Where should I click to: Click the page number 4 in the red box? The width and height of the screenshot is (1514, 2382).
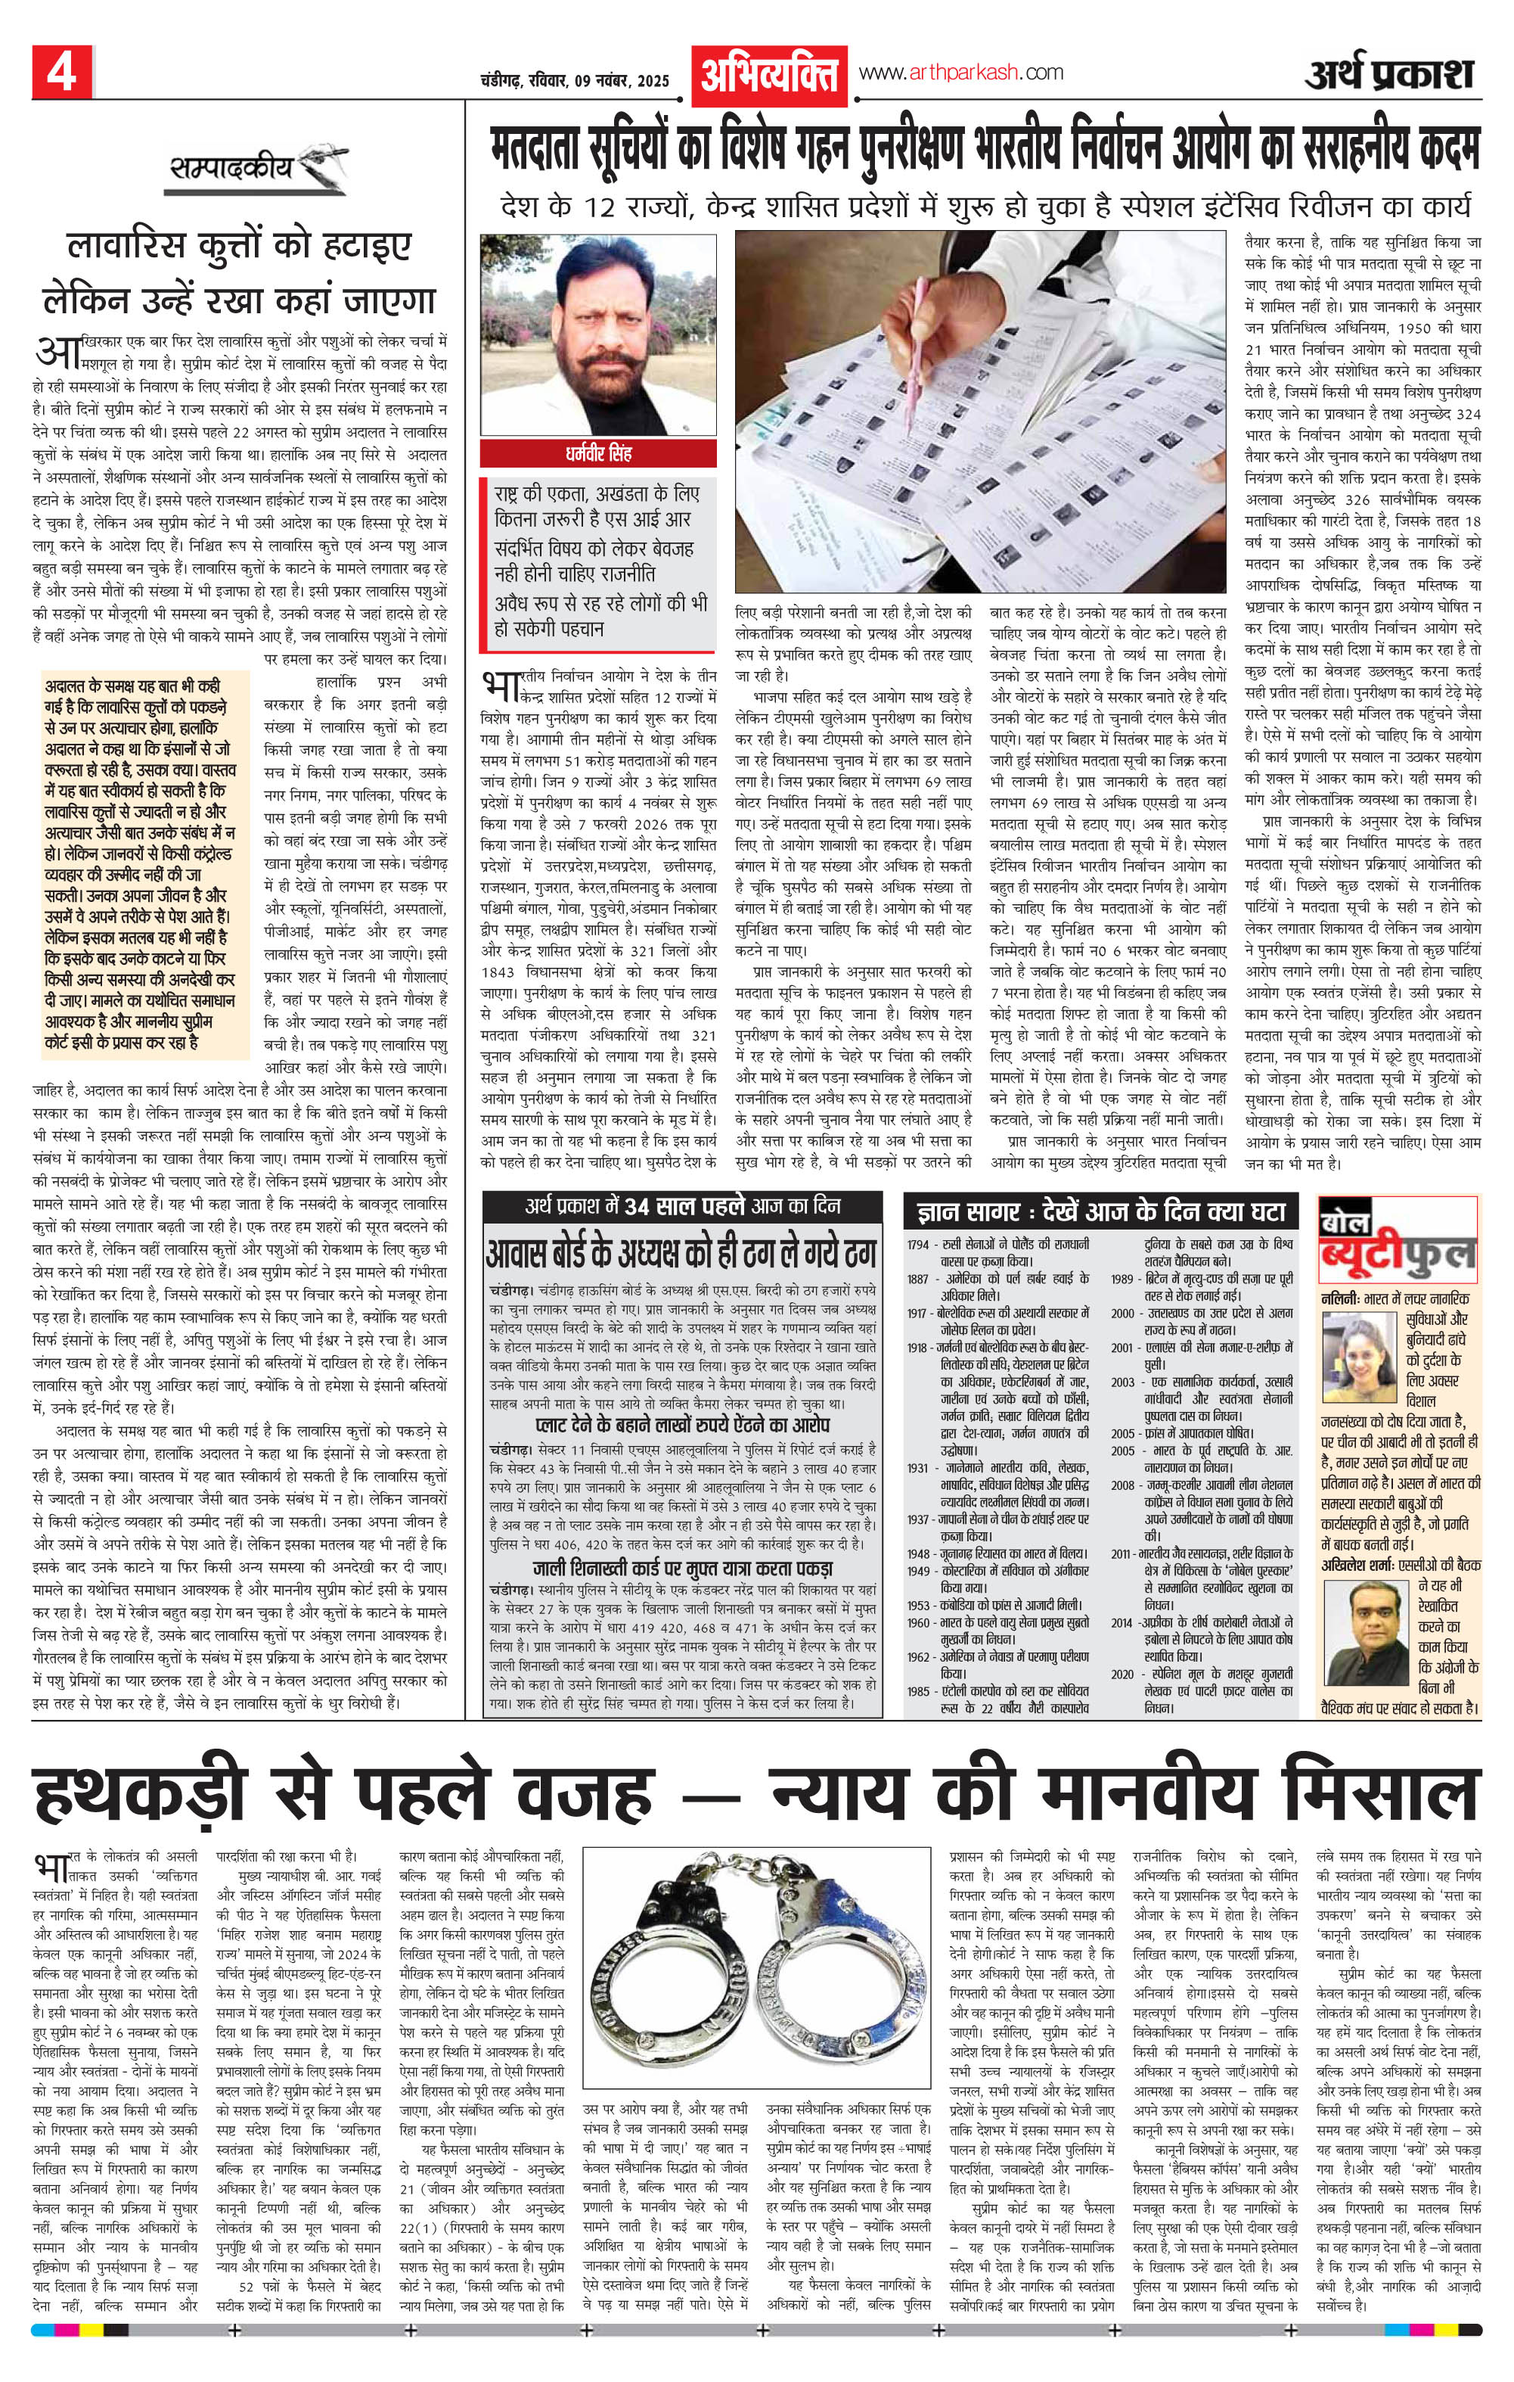click(x=61, y=72)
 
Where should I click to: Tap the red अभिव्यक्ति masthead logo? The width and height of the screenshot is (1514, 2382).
click(x=771, y=74)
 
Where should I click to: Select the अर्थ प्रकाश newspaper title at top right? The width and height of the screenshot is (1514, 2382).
click(x=1388, y=74)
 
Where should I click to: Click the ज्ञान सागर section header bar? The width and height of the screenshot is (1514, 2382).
click(x=1100, y=1211)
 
